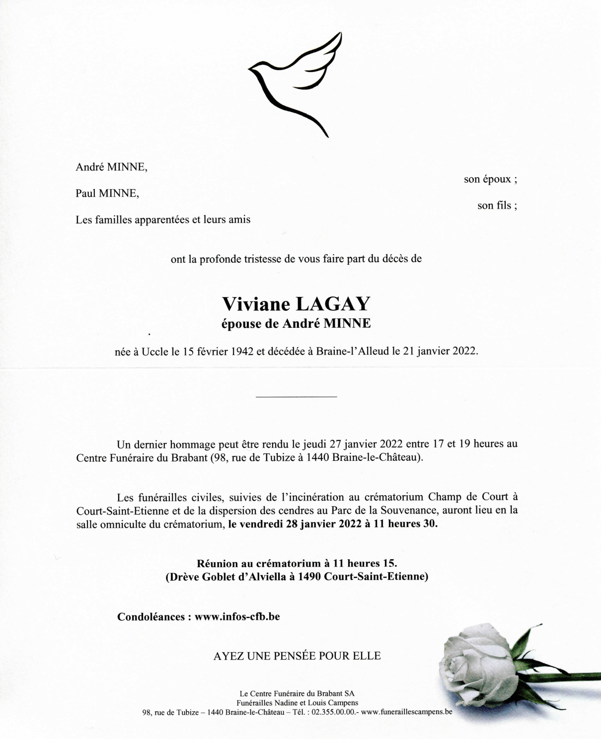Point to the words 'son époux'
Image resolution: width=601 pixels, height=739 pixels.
(487, 179)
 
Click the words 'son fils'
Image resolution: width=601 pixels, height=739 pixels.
(494, 206)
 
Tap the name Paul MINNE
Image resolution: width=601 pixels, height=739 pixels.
(107, 193)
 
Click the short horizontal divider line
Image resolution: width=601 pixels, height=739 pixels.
(296, 396)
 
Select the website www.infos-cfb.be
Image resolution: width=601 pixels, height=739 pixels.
(237, 616)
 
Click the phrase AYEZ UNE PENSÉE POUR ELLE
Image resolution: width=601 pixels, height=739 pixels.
(297, 656)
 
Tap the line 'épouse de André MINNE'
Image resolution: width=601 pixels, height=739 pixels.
(296, 324)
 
